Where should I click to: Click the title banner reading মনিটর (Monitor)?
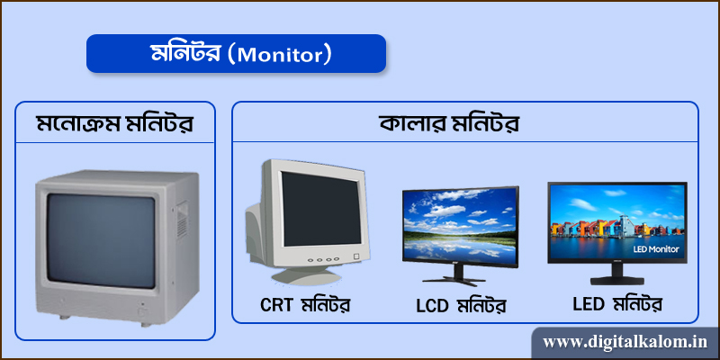pyautogui.click(x=236, y=54)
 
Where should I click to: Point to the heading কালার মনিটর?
pyautogui.click(x=464, y=122)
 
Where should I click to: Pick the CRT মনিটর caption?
pyautogui.click(x=304, y=304)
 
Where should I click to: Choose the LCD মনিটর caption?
pyautogui.click(x=461, y=305)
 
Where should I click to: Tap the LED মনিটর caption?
pyautogui.click(x=617, y=303)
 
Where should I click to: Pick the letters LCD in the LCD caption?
pyautogui.click(x=434, y=305)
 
